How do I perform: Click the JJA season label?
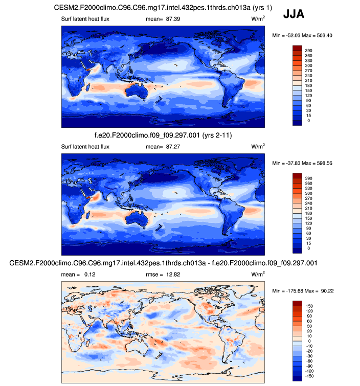coord(294,14)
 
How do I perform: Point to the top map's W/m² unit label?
coord(258,19)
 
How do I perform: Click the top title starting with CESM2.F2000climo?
coord(163,8)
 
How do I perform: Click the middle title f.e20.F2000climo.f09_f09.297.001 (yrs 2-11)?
coord(163,135)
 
